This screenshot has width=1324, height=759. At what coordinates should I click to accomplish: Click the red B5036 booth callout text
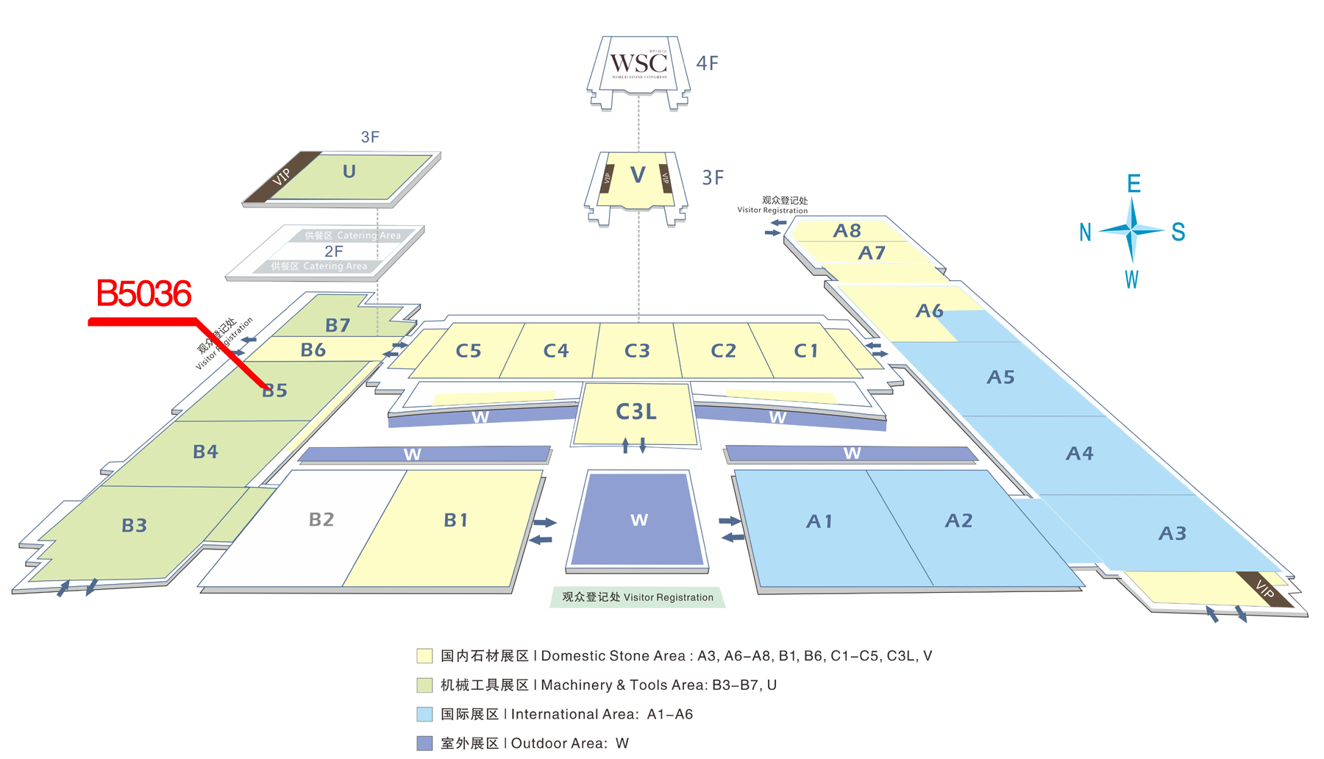pos(143,294)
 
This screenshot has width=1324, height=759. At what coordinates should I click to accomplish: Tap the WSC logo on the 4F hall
pos(638,64)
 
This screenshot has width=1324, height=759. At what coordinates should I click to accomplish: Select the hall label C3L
pos(636,412)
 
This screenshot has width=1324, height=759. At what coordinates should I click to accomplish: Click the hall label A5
pos(1000,377)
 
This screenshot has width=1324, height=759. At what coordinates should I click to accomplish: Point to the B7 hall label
pos(338,325)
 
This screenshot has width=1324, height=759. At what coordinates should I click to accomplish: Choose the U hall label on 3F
pos(349,171)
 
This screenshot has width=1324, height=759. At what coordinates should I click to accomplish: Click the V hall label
pos(638,175)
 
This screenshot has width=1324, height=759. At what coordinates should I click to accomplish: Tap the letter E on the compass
pos(1133,184)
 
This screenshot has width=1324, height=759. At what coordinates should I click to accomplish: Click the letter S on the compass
pos(1178,232)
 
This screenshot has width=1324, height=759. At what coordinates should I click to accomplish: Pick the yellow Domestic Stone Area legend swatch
pos(424,656)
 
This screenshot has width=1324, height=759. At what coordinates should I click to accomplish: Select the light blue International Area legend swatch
pos(424,714)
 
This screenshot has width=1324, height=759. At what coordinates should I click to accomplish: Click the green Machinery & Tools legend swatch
pos(424,685)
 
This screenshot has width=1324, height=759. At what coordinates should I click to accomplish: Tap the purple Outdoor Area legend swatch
pos(424,744)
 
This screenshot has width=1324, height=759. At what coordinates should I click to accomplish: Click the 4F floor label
pos(707,63)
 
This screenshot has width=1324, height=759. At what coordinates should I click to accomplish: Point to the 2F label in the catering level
pos(334,252)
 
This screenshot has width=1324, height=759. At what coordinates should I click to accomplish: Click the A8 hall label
pos(847,231)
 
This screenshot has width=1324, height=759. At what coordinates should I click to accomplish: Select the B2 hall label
pos(321,520)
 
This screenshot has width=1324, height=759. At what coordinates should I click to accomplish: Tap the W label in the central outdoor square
pos(639,521)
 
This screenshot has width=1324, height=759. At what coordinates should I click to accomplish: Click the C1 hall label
pos(805,351)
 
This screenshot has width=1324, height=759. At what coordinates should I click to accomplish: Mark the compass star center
pos(1132,231)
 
